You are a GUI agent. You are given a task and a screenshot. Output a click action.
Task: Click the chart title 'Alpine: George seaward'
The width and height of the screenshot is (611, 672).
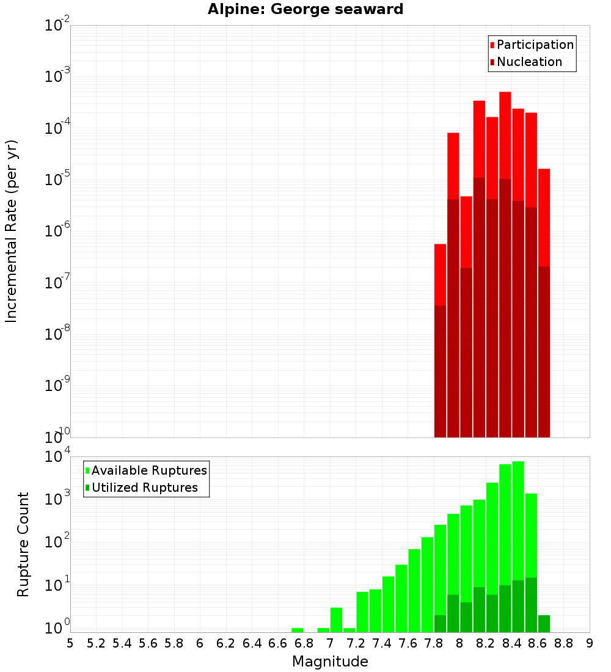[x=305, y=10]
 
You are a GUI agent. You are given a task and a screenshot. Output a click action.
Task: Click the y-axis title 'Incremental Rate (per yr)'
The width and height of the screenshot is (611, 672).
[x=12, y=231]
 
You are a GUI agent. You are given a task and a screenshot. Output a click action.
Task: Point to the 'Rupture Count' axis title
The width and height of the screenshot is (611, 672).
[x=23, y=544]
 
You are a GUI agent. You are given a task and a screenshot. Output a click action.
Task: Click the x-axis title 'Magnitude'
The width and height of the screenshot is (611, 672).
[x=330, y=662]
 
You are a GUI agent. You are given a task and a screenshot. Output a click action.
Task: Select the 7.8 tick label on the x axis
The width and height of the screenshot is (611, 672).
[x=434, y=643]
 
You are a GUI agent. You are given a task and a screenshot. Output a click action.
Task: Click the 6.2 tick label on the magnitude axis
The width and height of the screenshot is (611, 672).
[x=226, y=643]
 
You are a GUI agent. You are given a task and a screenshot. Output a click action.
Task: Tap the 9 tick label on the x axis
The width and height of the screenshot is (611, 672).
[x=590, y=643]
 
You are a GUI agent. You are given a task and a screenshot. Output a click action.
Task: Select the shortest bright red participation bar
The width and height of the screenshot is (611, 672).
[x=440, y=275]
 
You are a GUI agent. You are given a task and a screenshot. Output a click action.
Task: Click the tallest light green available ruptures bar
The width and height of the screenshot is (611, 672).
[x=518, y=519]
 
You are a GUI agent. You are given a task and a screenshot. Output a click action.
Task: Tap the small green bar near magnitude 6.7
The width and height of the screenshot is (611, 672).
[x=298, y=630]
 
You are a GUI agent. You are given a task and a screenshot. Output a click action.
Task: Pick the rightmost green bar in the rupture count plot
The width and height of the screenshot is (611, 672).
[x=544, y=624]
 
